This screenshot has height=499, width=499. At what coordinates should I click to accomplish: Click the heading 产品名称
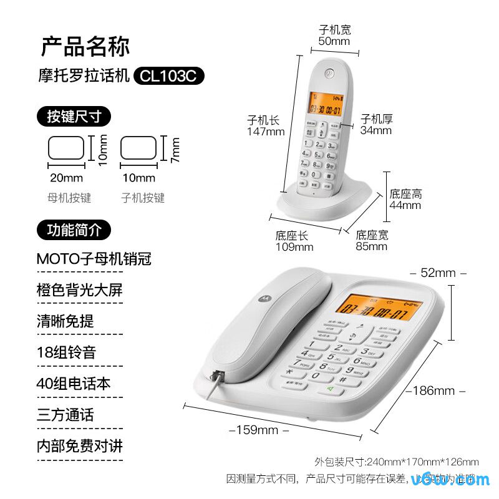(x=85, y=47)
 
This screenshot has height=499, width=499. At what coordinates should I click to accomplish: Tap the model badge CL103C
(x=168, y=76)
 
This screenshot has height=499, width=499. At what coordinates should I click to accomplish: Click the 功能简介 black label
(x=74, y=230)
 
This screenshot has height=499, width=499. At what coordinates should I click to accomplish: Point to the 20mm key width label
(x=66, y=178)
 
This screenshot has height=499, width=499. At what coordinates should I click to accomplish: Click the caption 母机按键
(x=69, y=198)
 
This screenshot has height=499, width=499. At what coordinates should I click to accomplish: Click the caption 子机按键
(x=143, y=198)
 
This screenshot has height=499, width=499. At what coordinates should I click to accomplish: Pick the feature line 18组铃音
(x=66, y=352)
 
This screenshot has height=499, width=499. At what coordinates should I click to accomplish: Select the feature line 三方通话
(x=65, y=415)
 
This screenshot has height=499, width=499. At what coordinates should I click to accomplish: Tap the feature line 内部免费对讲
(x=80, y=447)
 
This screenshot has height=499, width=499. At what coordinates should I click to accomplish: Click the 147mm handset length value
(x=265, y=132)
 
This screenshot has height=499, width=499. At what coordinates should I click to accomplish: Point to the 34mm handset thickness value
(x=376, y=130)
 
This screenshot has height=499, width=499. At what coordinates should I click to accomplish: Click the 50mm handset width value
(x=334, y=41)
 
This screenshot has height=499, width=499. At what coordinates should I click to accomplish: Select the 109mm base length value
(x=294, y=246)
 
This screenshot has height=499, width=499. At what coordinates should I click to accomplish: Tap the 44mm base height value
(x=405, y=205)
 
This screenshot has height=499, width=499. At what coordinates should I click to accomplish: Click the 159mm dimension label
(x=259, y=430)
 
